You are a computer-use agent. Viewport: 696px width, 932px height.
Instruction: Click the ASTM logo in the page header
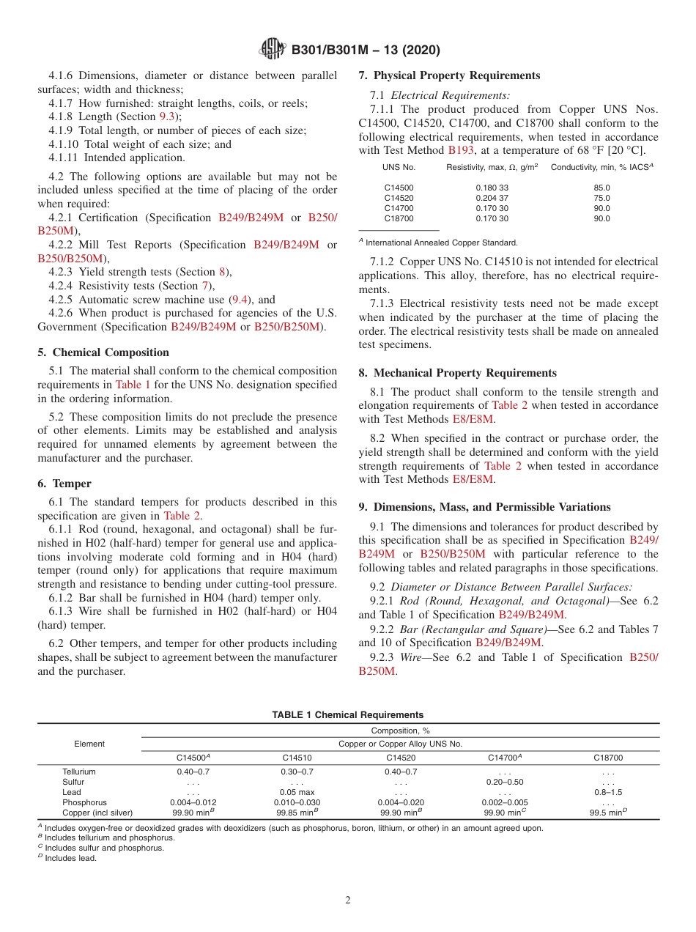coord(273,50)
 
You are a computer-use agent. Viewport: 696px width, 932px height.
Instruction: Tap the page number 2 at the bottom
coord(348,900)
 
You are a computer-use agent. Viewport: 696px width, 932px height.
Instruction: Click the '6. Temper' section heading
coord(64,484)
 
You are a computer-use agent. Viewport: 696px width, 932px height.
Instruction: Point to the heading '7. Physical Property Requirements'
coord(449,75)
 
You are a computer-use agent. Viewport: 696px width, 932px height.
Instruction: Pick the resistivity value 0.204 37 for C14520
coord(492,198)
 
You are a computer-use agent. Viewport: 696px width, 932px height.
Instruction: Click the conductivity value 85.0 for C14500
coord(601,188)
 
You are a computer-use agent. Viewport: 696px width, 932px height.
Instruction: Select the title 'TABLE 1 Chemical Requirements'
coord(347,714)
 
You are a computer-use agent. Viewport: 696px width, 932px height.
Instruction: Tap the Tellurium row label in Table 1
coord(79,772)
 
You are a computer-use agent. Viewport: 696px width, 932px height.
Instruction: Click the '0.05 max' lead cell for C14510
coord(297,792)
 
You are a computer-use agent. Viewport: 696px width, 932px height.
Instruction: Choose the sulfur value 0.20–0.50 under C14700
coord(504,782)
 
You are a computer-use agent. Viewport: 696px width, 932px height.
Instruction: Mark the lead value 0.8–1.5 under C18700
coord(608,792)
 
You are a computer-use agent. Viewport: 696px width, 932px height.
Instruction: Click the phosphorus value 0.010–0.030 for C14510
coord(297,802)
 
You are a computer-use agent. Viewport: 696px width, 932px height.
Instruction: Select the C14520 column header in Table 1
coord(401,758)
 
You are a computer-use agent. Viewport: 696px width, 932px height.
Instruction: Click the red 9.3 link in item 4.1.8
coord(167,116)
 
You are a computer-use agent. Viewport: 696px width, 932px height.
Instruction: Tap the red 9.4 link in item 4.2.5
coord(240,300)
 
